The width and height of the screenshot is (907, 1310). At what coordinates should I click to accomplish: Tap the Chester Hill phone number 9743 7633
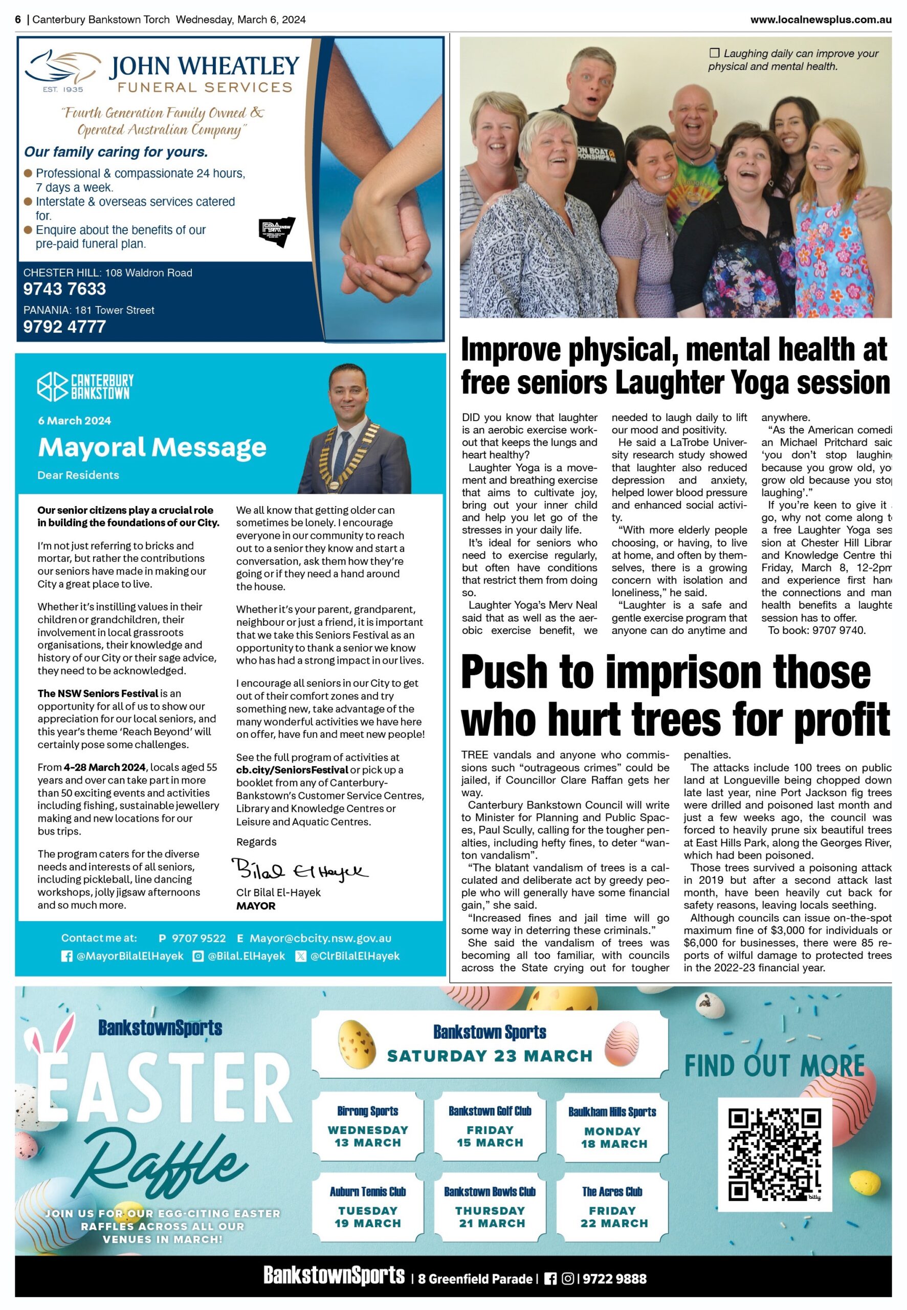click(64, 289)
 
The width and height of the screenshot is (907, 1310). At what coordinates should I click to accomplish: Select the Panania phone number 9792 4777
click(64, 327)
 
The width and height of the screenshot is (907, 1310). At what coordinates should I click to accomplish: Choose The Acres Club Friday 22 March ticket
click(613, 1207)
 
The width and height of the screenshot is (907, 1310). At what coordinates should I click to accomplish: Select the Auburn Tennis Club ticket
click(368, 1207)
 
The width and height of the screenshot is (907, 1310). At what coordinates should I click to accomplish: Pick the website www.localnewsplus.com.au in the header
click(820, 19)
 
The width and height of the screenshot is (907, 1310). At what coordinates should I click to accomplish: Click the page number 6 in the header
click(18, 19)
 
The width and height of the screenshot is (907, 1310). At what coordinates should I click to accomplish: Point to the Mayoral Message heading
click(152, 447)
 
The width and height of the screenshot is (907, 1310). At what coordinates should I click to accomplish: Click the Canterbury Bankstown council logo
click(85, 386)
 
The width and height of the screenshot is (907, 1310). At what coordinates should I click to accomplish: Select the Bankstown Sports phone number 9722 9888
click(614, 1279)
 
